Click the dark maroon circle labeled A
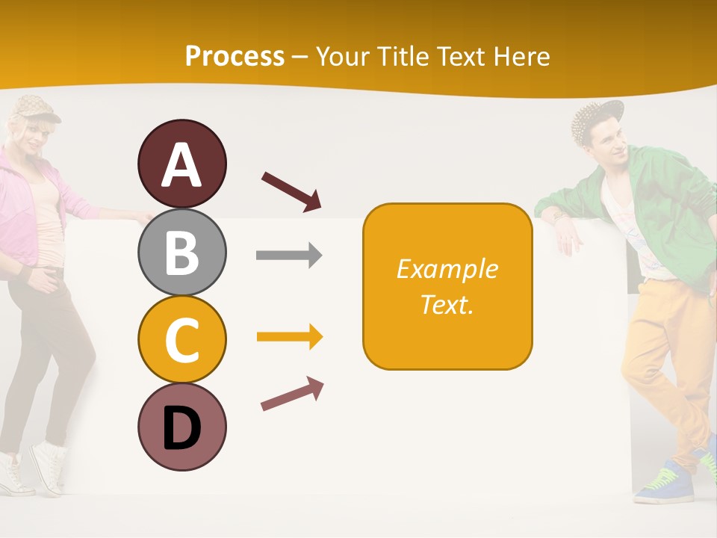click(x=181, y=164)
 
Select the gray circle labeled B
click(x=181, y=252)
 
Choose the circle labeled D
click(x=181, y=427)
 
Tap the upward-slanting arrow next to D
click(x=292, y=394)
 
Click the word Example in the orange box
click(x=447, y=269)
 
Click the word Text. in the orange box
click(x=447, y=305)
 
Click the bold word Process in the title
click(x=235, y=56)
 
